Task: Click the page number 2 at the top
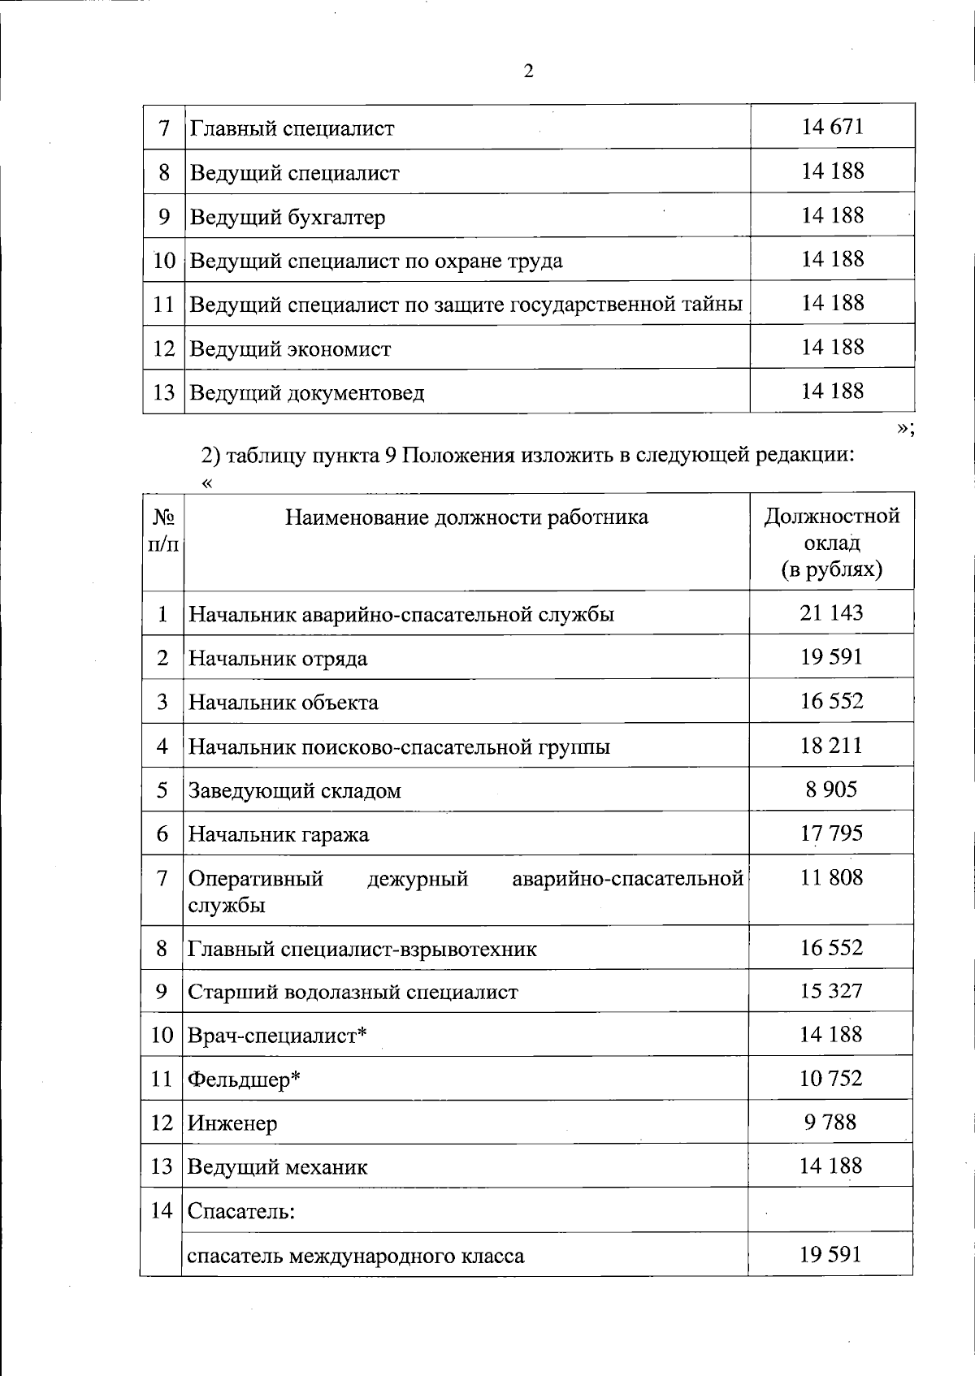click(529, 71)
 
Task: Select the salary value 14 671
click(832, 127)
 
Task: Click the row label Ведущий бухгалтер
click(288, 217)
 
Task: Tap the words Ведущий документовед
click(306, 393)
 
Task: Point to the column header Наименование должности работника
click(466, 517)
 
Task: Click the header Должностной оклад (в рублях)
click(832, 543)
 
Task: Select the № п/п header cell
click(163, 530)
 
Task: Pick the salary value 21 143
click(831, 612)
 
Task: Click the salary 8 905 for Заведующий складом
click(831, 790)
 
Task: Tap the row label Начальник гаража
click(279, 834)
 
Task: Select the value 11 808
click(831, 877)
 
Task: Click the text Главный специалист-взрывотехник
click(362, 949)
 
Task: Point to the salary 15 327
click(831, 991)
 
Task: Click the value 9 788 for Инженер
click(830, 1123)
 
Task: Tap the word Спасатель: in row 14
click(240, 1211)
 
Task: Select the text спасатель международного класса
click(356, 1256)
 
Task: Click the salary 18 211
click(831, 746)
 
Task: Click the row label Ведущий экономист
click(290, 349)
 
